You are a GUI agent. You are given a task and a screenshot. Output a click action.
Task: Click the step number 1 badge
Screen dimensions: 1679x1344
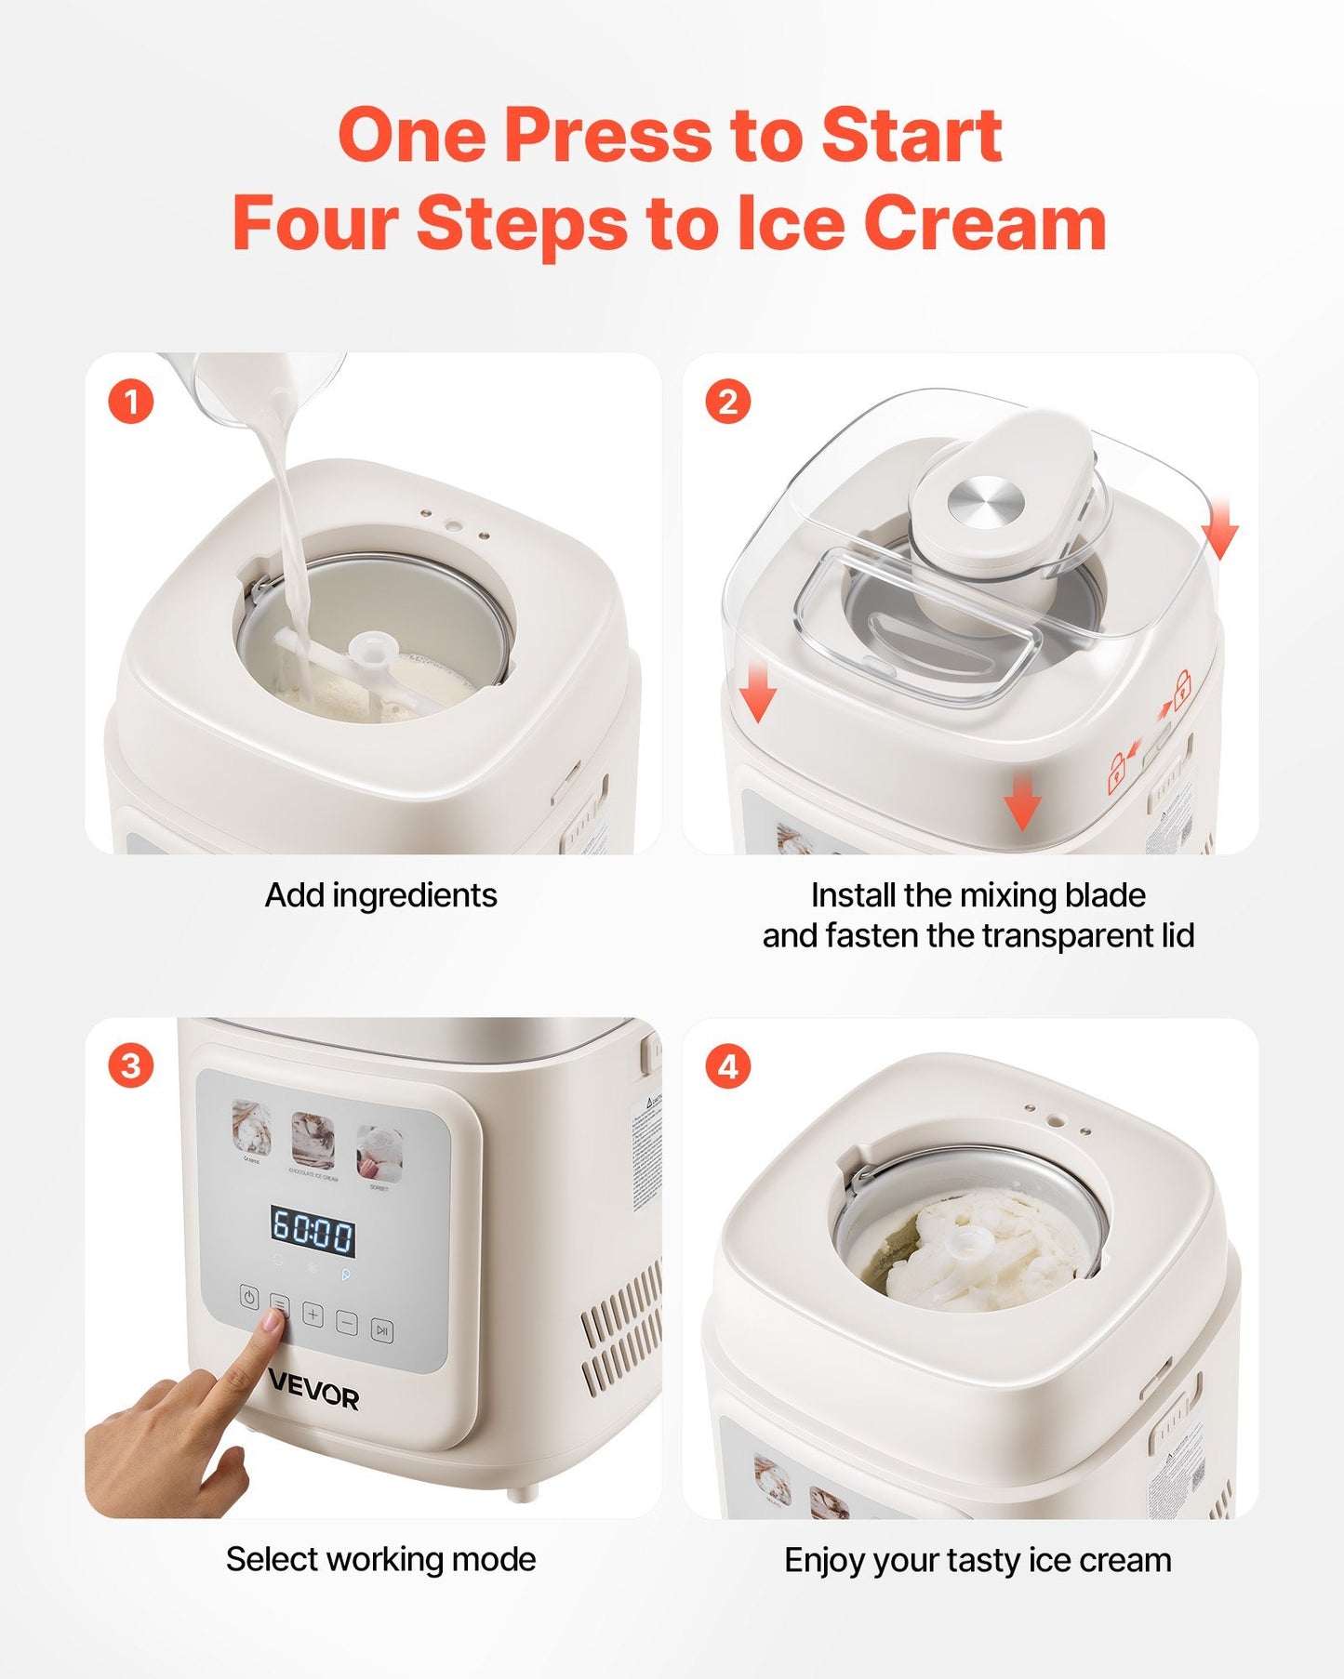(130, 402)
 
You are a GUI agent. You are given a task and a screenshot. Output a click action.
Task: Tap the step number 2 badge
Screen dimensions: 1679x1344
(727, 402)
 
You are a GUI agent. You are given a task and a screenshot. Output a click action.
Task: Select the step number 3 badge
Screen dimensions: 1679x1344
(130, 1065)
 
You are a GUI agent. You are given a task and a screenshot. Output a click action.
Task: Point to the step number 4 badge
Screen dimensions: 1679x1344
(727, 1065)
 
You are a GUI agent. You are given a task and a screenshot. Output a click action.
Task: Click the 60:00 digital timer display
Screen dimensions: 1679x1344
(313, 1233)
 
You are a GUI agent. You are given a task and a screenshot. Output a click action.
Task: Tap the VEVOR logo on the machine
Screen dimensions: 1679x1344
(313, 1397)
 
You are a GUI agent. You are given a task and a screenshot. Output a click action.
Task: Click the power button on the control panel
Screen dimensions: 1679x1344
(248, 1298)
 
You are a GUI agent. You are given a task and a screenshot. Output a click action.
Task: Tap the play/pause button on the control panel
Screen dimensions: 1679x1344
(381, 1331)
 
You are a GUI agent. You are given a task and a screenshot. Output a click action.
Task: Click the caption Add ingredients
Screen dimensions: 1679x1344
(380, 895)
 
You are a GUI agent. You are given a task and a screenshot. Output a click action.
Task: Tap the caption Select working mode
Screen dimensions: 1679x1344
(380, 1559)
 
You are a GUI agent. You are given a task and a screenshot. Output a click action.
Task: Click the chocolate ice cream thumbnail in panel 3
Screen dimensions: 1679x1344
(313, 1141)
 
